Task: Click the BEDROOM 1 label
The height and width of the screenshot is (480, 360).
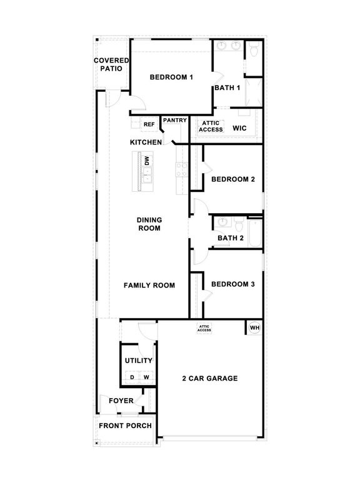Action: pos(171,77)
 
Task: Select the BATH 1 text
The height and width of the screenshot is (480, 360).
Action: pos(227,87)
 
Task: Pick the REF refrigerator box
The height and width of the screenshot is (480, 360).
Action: pos(149,124)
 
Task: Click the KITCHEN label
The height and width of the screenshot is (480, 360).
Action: pos(146,142)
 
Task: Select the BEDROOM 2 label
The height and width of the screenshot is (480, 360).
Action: pos(232,179)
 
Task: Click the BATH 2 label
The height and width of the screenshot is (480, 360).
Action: pos(230,238)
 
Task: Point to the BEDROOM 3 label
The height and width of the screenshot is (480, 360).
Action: pos(232,284)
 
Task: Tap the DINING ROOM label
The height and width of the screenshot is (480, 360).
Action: pos(149,224)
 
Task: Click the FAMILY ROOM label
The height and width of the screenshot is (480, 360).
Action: pos(149,285)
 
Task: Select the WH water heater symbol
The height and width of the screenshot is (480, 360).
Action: pos(254,327)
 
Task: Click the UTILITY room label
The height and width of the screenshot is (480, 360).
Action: pos(138,361)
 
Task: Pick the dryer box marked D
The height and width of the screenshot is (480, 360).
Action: pos(131,377)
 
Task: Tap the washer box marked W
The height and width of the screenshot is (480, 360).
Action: pos(146,377)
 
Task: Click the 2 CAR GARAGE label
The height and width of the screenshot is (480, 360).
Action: pos(209,378)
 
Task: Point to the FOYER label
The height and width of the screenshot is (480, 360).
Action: pos(121,401)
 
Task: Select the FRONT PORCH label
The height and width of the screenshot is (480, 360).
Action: pos(125,426)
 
